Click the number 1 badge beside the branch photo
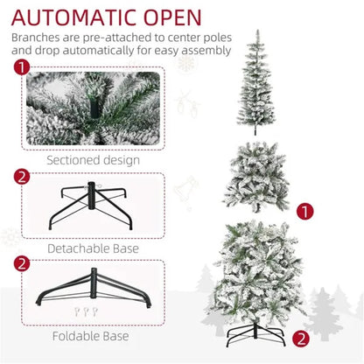tap(21, 68)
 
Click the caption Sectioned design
tap(93, 160)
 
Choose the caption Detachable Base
tap(93, 248)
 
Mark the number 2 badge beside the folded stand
tap(21, 263)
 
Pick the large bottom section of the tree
tap(260, 271)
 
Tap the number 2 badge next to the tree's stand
tap(301, 337)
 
